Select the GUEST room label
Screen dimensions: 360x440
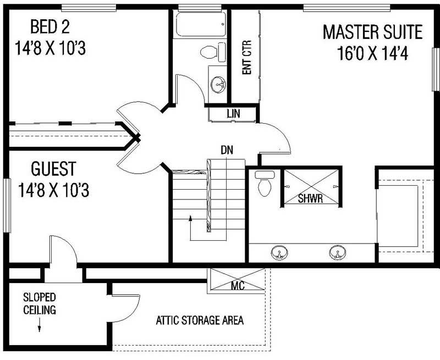(53, 168)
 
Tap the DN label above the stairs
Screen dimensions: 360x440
(226, 149)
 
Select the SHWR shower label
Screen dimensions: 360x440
(310, 198)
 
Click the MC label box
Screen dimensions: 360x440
(238, 286)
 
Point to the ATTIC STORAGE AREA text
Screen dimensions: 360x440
(200, 320)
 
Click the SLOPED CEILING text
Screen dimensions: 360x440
(39, 304)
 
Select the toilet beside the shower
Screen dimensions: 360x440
(265, 185)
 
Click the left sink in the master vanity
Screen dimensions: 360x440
(279, 253)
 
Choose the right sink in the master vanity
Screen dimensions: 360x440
(337, 253)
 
